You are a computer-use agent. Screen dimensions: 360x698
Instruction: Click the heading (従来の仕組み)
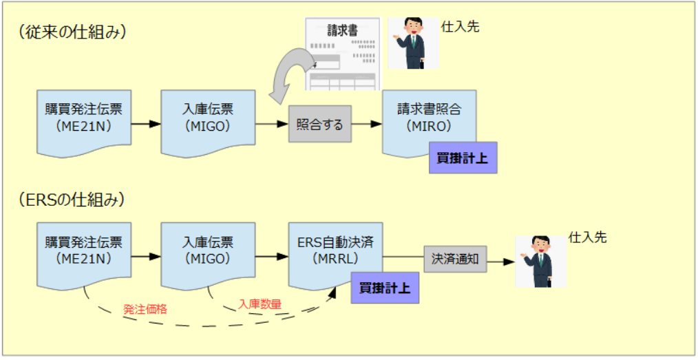coord(74,32)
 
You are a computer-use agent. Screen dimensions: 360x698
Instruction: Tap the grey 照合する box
coord(319,125)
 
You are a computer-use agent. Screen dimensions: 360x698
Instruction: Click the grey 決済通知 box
coord(455,259)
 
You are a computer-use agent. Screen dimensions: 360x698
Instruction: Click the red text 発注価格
coord(145,309)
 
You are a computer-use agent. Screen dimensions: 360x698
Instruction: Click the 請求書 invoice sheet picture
coord(343,54)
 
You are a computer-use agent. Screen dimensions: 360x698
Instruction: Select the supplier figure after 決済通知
coord(541,262)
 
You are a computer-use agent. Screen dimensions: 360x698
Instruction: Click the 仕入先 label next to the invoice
coord(460,27)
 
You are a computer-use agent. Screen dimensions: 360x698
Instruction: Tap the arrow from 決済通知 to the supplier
coord(502,262)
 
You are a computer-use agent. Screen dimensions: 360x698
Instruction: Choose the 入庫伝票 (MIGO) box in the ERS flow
coord(208,251)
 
